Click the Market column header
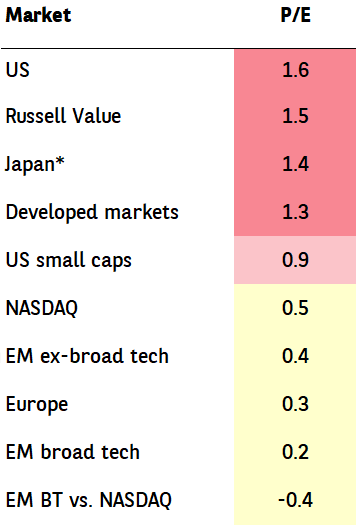pos(38,15)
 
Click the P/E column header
pos(296,15)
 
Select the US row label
pos(18,70)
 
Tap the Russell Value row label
pos(63,116)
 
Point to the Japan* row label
pos(34,165)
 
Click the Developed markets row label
pos(92,212)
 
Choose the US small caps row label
pos(69,260)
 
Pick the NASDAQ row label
pos(42,308)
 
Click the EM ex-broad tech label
pos(87,356)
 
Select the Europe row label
pos(37,404)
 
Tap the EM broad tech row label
pos(73,452)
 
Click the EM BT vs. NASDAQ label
pos(89,500)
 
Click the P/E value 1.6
pos(296,70)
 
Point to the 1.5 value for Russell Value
pos(296,116)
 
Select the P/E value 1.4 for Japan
pos(296,164)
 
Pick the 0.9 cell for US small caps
pos(295,260)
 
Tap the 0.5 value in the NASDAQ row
pos(295,308)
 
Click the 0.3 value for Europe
pos(295,404)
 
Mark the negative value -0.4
pos(295,500)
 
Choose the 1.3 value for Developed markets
pos(296,212)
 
